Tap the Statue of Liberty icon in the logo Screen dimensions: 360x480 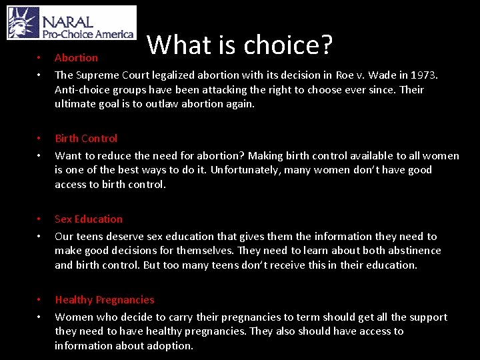coord(23,23)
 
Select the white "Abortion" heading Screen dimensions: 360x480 coord(76,58)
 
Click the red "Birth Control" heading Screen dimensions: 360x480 coord(86,139)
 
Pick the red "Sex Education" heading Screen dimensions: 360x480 coord(89,219)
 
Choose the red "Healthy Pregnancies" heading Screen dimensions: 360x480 coord(104,300)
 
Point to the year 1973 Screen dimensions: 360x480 coord(423,75)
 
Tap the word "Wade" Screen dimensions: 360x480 coord(373,75)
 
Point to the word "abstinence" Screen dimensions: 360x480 coord(413,251)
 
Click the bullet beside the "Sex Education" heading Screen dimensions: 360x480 coord(39,219)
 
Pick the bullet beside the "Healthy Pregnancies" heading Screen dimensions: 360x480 coord(39,300)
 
